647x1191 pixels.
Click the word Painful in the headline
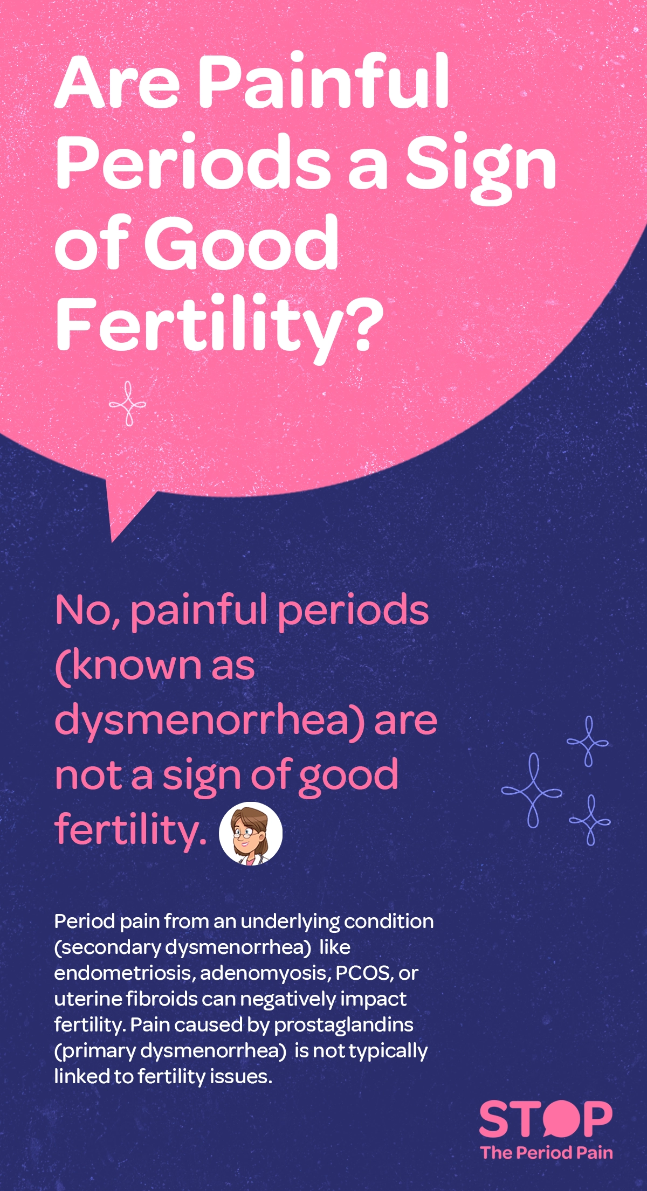(323, 81)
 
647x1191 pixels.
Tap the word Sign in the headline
(480, 164)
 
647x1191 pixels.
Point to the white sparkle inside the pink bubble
(128, 404)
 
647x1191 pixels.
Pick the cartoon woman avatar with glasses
(251, 833)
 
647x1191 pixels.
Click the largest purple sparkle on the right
(532, 791)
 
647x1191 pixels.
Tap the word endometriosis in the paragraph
(124, 973)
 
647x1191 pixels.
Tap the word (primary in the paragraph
(95, 1051)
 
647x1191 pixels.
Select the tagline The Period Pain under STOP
(546, 1153)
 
